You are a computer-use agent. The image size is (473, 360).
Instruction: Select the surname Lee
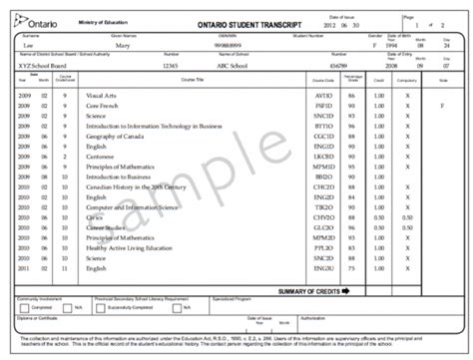(26, 46)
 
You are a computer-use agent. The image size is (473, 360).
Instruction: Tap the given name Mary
(125, 46)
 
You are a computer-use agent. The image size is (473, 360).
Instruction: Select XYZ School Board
(40, 62)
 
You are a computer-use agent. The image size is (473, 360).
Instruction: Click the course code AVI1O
(323, 94)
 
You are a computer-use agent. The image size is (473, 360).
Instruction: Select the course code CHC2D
(323, 185)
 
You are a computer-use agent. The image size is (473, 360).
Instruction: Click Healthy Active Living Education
(128, 247)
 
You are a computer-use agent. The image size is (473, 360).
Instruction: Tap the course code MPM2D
(323, 238)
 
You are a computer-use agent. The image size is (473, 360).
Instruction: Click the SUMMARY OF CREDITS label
(309, 291)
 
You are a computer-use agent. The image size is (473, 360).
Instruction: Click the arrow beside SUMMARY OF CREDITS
(345, 291)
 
